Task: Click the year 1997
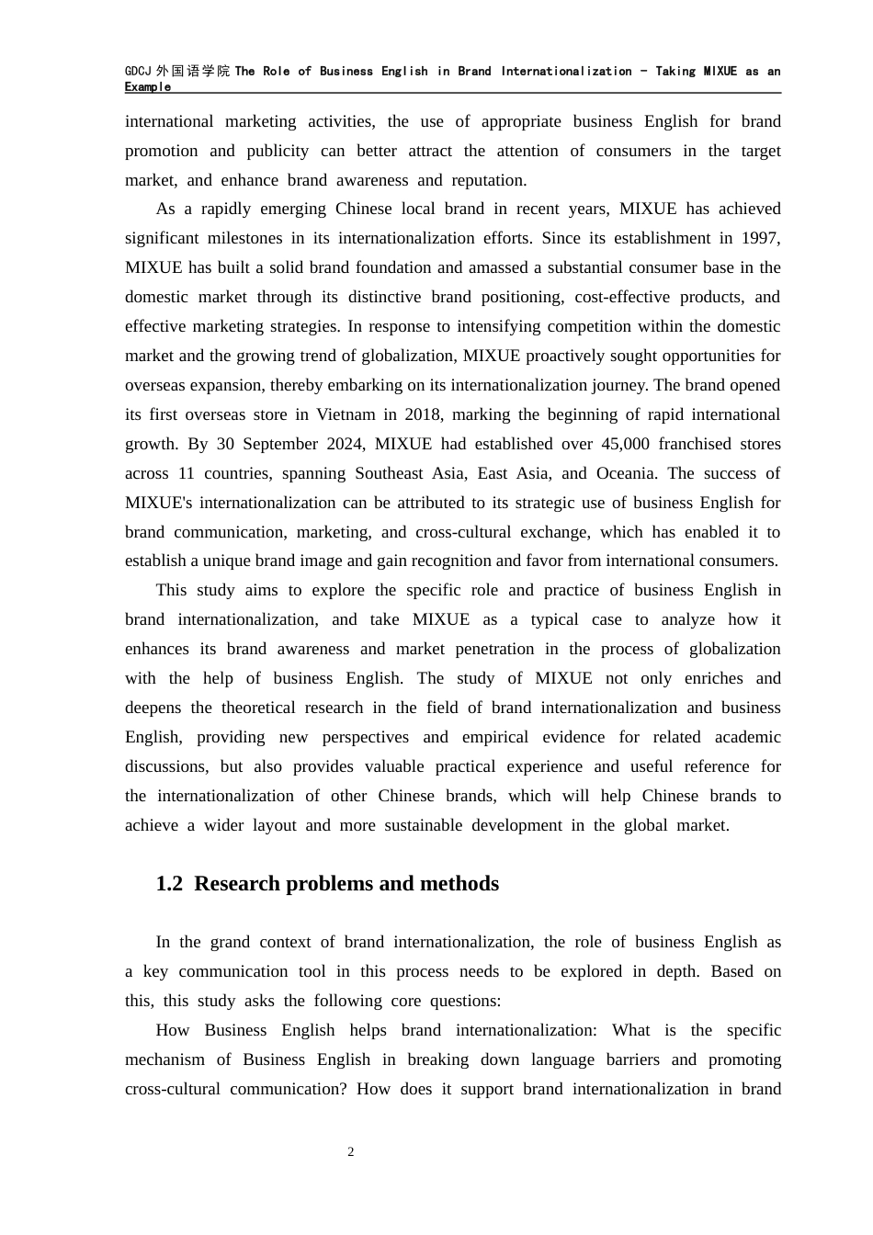tap(760, 238)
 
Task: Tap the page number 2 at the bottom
tap(351, 1152)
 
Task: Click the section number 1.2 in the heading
tap(169, 884)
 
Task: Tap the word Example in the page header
tap(148, 87)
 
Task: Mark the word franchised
tap(704, 444)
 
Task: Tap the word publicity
tap(272, 151)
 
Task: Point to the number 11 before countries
tap(186, 473)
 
